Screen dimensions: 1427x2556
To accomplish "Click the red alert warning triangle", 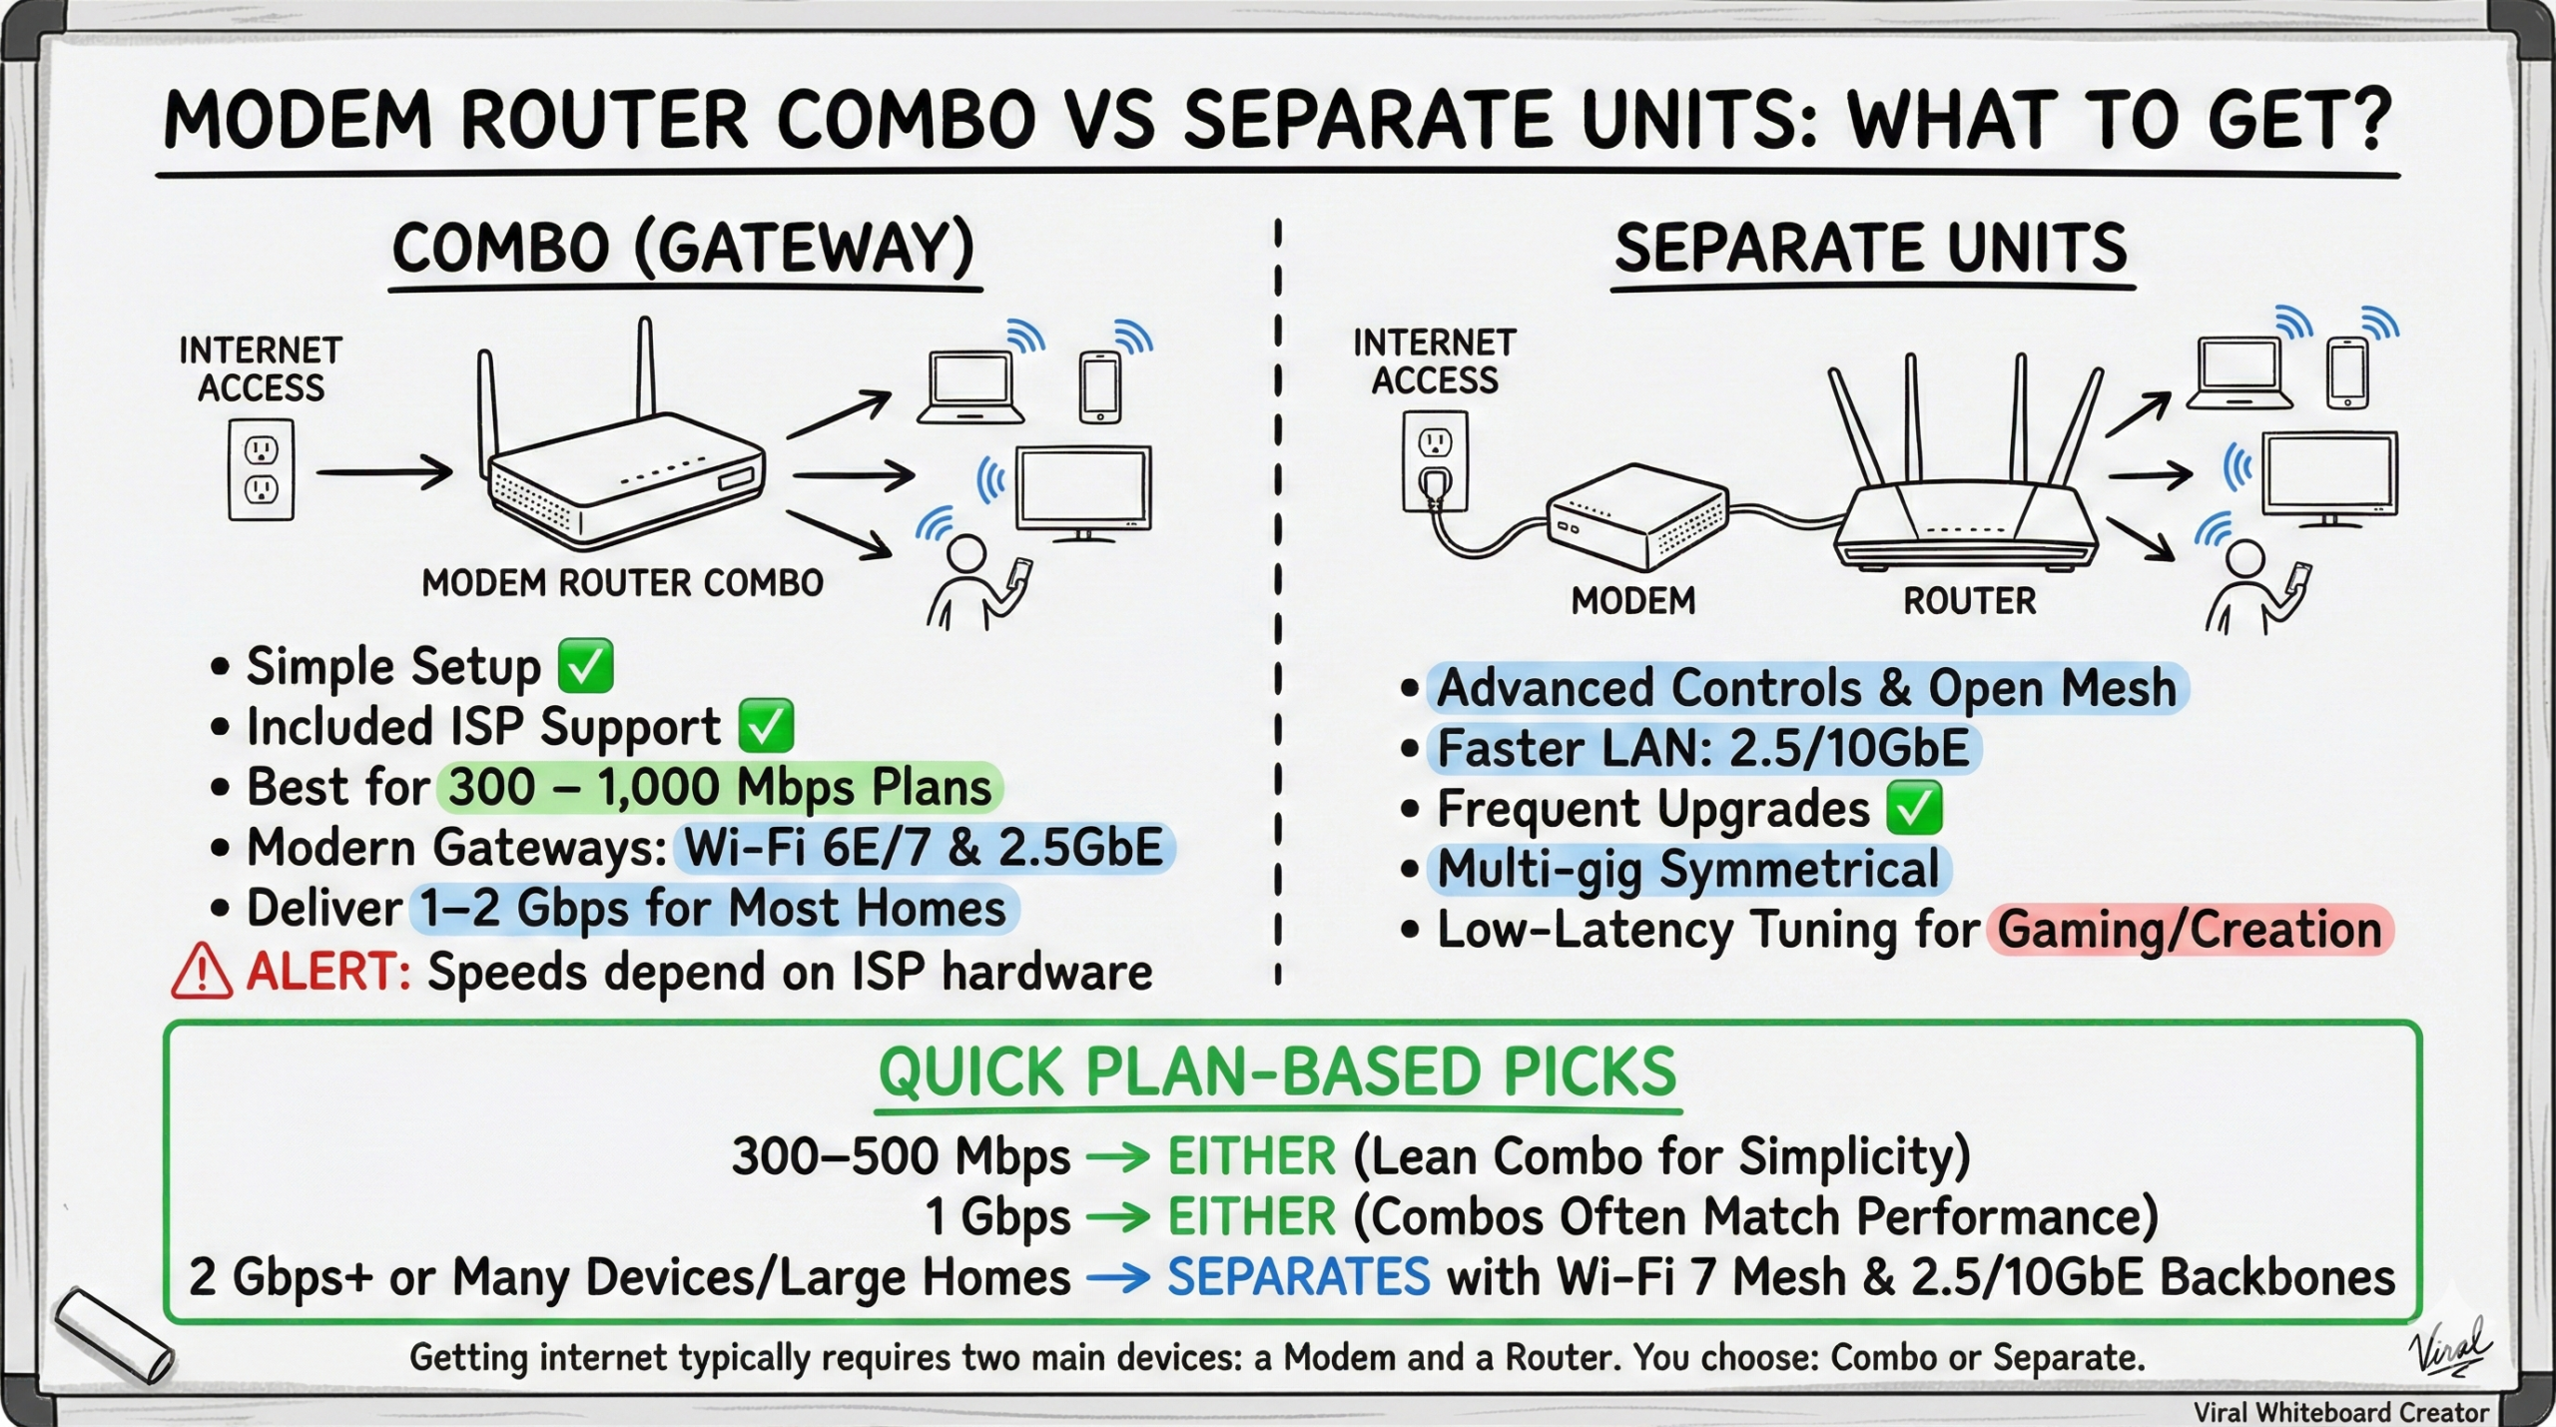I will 202,972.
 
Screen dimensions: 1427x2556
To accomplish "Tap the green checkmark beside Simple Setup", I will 585,666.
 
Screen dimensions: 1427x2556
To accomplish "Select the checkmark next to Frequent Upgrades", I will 1914,808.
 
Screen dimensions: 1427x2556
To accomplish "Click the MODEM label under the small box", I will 1632,600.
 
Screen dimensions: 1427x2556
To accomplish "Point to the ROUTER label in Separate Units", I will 1969,600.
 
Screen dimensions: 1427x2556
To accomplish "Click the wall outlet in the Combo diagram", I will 261,469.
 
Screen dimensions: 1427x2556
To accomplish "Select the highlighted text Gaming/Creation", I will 2190,930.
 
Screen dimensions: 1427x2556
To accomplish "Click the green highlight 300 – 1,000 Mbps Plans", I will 719,787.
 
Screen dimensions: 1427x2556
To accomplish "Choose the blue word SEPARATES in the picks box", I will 1298,1276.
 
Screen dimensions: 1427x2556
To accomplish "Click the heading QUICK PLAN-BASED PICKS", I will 1277,1072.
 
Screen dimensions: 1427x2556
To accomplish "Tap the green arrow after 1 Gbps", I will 1118,1217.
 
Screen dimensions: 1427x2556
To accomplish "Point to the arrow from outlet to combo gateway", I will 383,471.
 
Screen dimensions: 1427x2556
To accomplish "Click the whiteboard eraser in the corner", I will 114,1336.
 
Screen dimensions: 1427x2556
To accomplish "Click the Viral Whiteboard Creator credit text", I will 2340,1412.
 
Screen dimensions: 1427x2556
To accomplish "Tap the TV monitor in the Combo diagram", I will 1083,491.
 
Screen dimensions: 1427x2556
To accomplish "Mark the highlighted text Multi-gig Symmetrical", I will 1687,869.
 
